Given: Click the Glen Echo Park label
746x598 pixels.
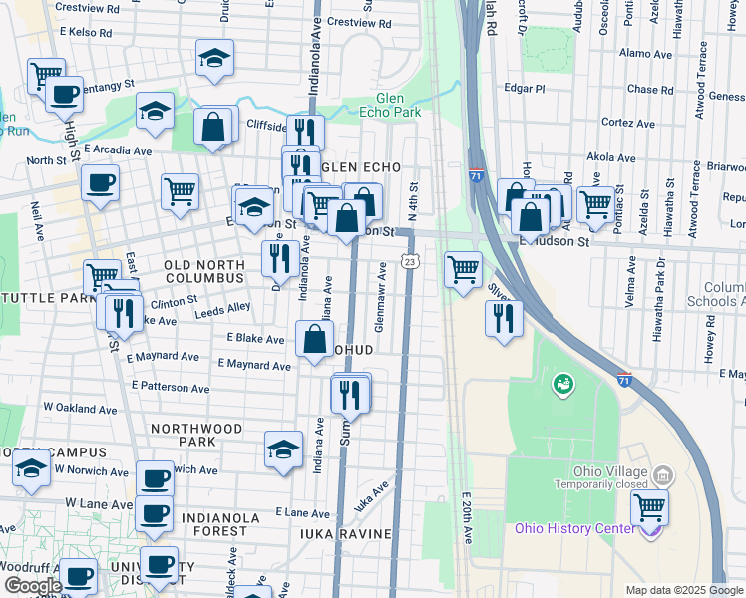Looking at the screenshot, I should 403,105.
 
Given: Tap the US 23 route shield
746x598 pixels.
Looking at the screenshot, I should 410,261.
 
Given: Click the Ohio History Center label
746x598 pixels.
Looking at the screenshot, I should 574,528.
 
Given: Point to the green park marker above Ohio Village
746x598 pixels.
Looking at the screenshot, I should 562,382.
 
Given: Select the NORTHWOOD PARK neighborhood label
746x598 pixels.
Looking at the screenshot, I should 196,435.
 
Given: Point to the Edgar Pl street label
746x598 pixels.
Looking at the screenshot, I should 525,89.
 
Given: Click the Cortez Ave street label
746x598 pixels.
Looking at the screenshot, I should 628,123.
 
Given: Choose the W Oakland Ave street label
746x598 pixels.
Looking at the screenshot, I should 80,408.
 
